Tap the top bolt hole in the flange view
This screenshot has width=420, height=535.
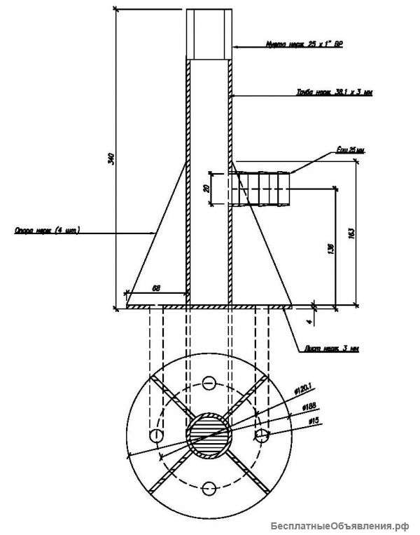pyautogui.click(x=209, y=383)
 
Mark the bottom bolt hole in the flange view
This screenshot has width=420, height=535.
pyautogui.click(x=209, y=488)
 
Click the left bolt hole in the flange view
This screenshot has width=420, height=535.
pyautogui.click(x=156, y=436)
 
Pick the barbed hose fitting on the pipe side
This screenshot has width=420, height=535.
pyautogui.click(x=262, y=189)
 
